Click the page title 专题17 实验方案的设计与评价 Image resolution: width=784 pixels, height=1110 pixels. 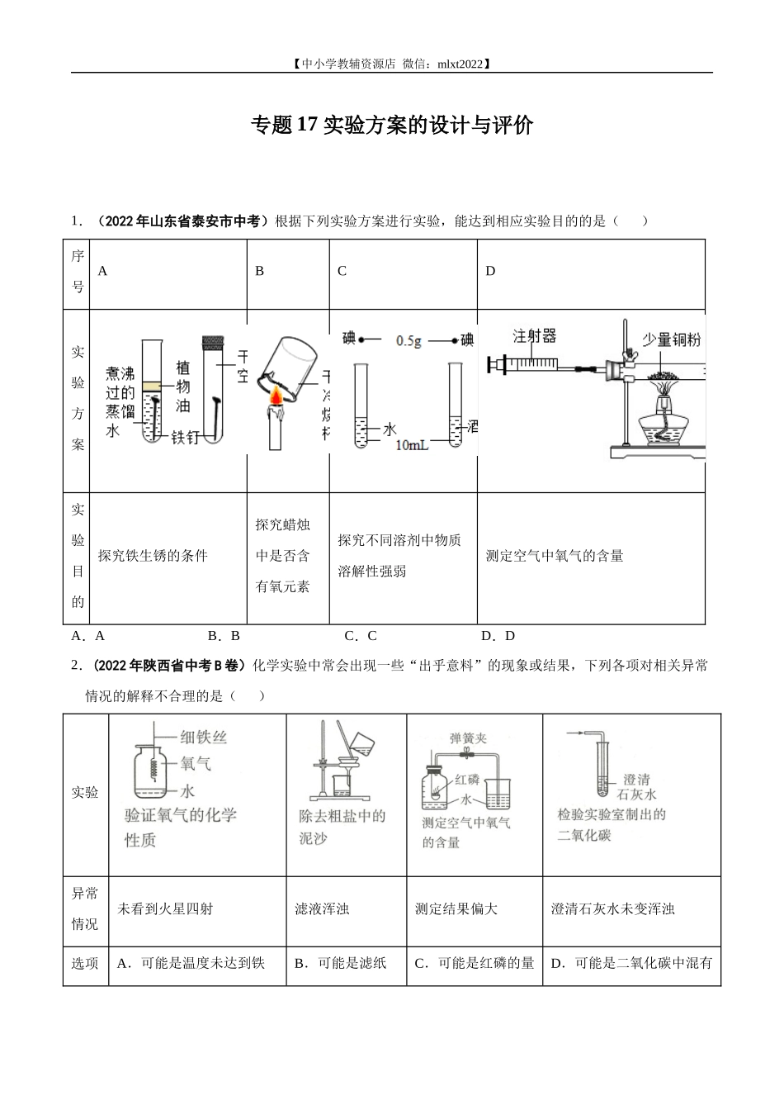click(392, 126)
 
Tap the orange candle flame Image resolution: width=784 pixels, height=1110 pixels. click(275, 398)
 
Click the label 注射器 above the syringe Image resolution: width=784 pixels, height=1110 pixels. click(534, 336)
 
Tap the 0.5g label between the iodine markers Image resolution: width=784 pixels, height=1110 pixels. click(409, 339)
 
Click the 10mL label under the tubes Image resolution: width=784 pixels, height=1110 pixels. click(412, 446)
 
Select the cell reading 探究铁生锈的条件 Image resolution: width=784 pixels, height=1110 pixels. click(153, 556)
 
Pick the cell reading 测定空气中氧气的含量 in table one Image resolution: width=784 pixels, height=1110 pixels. click(555, 556)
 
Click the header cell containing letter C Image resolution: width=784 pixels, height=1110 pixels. click(342, 271)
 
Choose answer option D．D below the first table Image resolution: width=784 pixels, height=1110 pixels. click(498, 635)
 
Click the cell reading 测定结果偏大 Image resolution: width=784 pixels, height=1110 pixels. click(456, 908)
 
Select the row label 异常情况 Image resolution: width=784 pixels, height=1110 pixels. click(85, 908)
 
